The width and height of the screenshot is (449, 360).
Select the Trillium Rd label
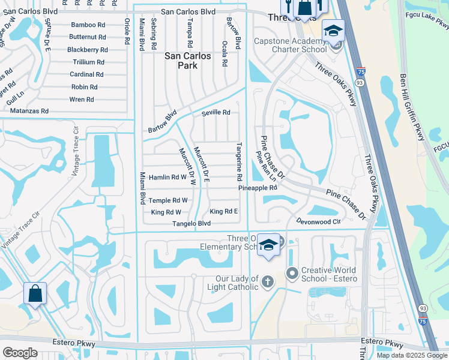[x=88, y=62]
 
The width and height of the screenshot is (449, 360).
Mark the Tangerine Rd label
[x=238, y=162]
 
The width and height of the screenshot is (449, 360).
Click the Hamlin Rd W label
[x=167, y=177]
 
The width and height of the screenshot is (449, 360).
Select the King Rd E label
[x=223, y=211]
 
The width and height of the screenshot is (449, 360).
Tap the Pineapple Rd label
[x=257, y=188]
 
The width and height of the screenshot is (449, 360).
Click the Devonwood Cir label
[x=318, y=221]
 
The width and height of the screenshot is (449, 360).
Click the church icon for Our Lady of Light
[x=268, y=281]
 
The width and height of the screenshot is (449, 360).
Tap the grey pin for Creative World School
[x=292, y=274]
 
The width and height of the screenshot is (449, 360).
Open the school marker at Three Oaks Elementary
[x=269, y=245]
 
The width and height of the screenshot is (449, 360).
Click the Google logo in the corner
[x=20, y=353]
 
